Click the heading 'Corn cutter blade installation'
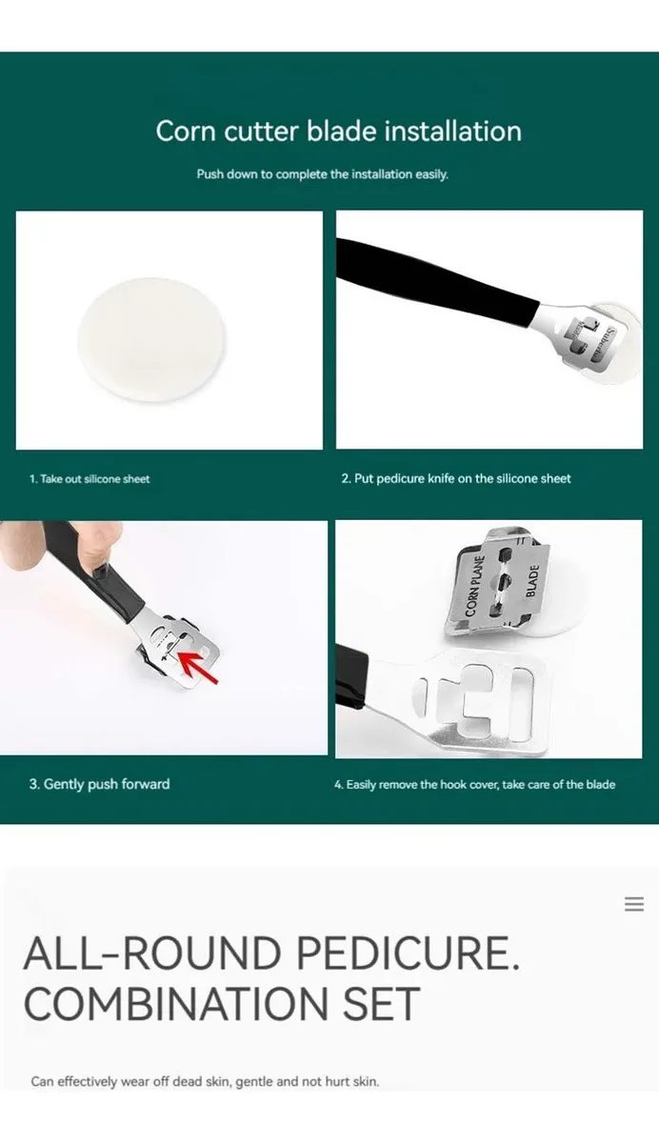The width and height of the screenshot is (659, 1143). [x=339, y=131]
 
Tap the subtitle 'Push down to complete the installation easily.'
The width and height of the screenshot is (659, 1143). [x=323, y=174]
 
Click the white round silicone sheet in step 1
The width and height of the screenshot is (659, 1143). [x=152, y=339]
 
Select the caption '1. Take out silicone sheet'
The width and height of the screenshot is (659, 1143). [x=90, y=478]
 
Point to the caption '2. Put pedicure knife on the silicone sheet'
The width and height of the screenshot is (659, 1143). [x=456, y=478]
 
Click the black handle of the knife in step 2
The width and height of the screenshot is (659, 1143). [x=436, y=284]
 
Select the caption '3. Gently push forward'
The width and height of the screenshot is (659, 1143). [x=99, y=784]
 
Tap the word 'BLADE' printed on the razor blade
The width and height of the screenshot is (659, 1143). [x=532, y=581]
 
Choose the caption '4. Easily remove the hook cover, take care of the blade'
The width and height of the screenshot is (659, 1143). [x=475, y=784]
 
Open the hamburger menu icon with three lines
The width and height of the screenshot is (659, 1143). [x=634, y=904]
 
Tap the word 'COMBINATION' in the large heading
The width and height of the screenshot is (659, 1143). [x=176, y=1003]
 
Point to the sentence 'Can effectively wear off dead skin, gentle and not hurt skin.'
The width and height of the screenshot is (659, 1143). [x=205, y=1081]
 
